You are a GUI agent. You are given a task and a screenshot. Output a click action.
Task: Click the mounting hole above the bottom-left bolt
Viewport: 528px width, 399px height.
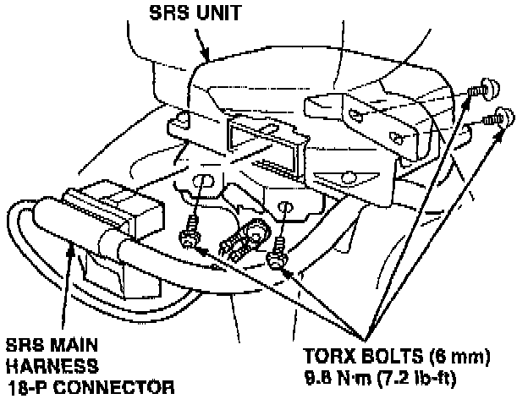tap(203, 180)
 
